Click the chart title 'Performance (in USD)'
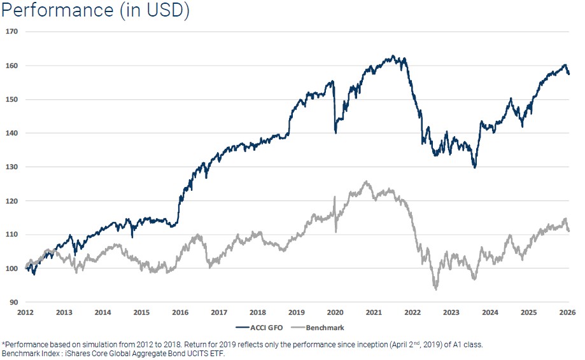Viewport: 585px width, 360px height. click(96, 11)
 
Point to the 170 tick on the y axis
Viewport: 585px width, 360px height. click(12, 31)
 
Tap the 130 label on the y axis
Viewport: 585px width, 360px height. click(12, 167)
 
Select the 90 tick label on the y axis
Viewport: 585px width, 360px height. click(14, 302)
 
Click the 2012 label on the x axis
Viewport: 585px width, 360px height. click(25, 312)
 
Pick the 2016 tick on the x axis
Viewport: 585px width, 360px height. click(180, 312)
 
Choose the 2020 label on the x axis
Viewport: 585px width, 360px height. click(335, 312)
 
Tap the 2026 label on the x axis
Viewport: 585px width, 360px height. click(568, 312)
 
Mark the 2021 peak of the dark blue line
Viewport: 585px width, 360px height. click(393, 56)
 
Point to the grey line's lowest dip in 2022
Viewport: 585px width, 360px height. click(436, 289)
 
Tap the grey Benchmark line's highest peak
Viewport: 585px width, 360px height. click(365, 182)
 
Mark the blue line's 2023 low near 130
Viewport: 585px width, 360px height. click(474, 167)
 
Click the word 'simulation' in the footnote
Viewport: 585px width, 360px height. click(92, 345)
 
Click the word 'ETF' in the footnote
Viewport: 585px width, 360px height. click(220, 353)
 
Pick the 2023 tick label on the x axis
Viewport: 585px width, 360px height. click(451, 312)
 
